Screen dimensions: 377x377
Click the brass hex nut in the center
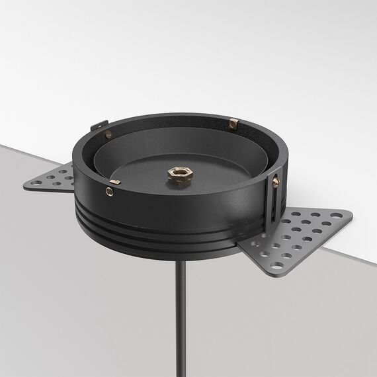(180, 176)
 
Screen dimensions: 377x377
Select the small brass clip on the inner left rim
(114, 182)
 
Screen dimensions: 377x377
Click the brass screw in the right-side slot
(275, 181)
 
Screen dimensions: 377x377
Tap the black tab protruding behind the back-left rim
(98, 124)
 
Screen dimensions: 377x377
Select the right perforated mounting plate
(298, 235)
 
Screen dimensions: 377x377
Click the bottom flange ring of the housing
(165, 244)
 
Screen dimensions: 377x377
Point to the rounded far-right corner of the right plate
(349, 213)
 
